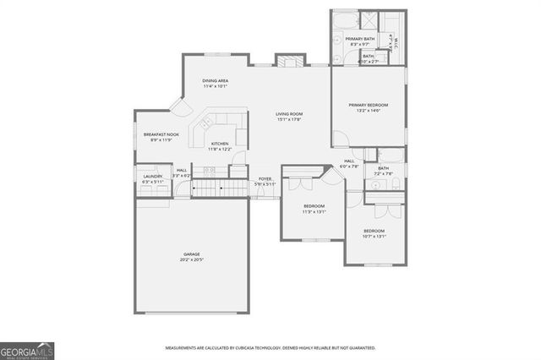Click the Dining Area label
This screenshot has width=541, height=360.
215,80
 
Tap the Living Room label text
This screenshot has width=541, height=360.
289,114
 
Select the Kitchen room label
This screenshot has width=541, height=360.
220,144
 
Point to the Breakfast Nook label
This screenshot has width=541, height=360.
161,134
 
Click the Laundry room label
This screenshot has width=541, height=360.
152,176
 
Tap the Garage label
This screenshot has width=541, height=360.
191,254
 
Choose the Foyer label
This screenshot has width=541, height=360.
265,179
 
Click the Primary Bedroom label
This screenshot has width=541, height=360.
368,105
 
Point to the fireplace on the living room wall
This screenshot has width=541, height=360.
288,61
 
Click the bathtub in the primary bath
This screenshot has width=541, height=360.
347,19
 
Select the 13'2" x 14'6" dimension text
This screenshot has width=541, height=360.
368,111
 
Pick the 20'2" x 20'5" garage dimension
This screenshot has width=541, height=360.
191,259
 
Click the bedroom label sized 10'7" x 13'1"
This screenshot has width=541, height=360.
374,231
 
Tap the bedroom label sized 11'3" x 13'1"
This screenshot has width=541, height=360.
314,205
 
